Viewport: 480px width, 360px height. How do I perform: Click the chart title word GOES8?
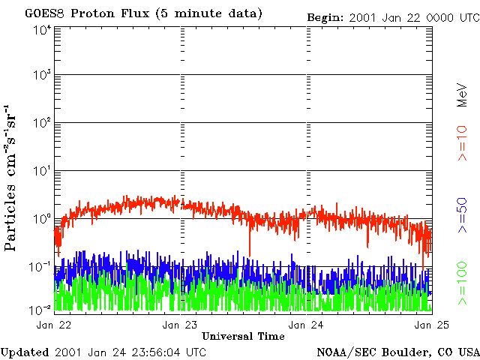click(x=45, y=13)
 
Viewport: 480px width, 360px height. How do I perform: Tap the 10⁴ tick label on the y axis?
click(x=42, y=31)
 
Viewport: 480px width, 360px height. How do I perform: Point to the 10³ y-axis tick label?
click(x=42, y=75)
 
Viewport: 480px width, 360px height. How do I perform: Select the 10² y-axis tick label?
click(x=42, y=123)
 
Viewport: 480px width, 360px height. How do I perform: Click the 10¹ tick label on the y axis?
click(x=42, y=171)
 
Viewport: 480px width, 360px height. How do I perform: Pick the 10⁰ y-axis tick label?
click(x=42, y=219)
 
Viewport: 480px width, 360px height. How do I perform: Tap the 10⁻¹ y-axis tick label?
click(x=40, y=267)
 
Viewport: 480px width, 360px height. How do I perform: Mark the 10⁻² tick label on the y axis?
click(x=40, y=310)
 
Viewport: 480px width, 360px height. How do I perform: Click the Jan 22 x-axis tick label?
click(x=53, y=325)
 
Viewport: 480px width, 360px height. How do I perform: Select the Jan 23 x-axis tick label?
click(x=180, y=325)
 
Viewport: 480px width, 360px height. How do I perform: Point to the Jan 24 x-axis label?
click(x=306, y=325)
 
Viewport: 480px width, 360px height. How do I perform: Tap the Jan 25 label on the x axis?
click(x=432, y=325)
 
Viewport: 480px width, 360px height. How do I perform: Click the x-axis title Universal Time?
click(x=243, y=337)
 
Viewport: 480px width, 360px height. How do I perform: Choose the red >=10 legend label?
click(x=462, y=143)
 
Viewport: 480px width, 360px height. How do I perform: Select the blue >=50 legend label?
click(x=462, y=215)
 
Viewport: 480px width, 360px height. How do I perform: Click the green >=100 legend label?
click(x=462, y=283)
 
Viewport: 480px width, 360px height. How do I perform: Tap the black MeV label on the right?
click(x=462, y=95)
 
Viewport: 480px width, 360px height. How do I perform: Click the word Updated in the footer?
click(x=25, y=352)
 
